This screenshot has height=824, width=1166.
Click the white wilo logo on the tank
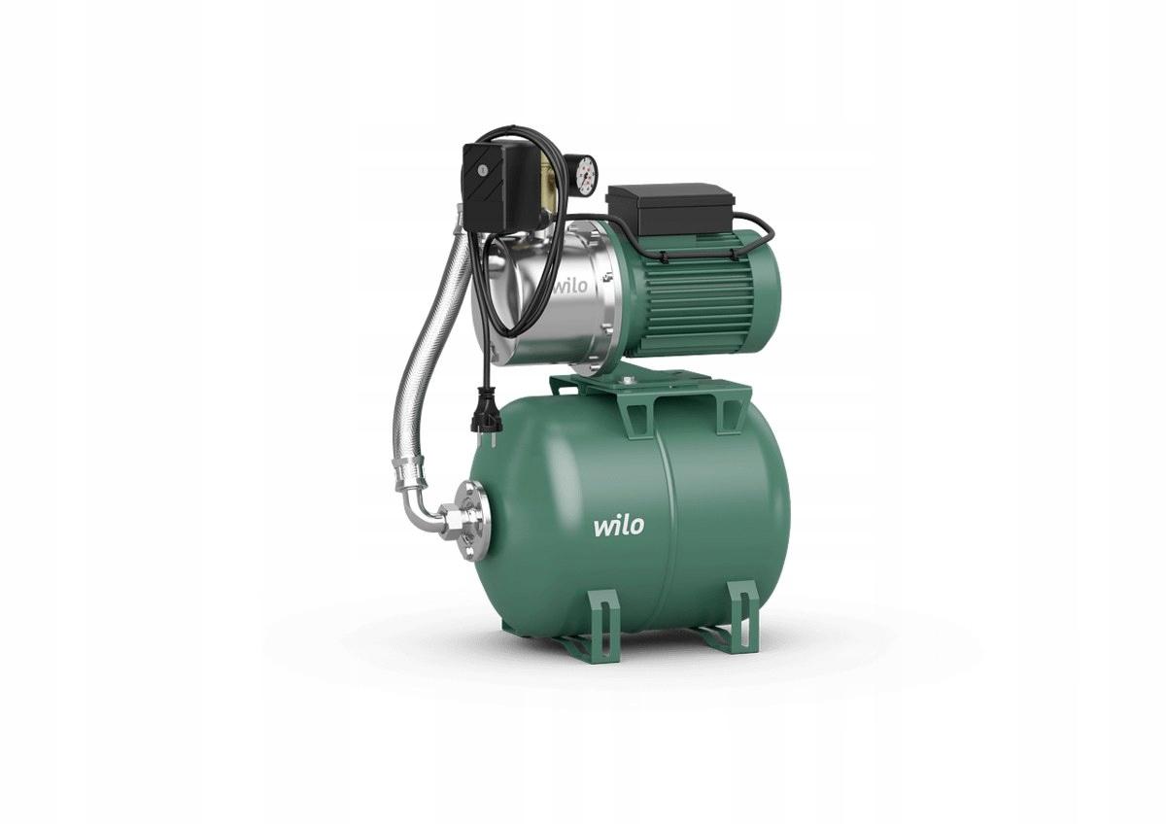click(618, 526)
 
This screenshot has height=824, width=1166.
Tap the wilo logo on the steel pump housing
click(570, 287)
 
